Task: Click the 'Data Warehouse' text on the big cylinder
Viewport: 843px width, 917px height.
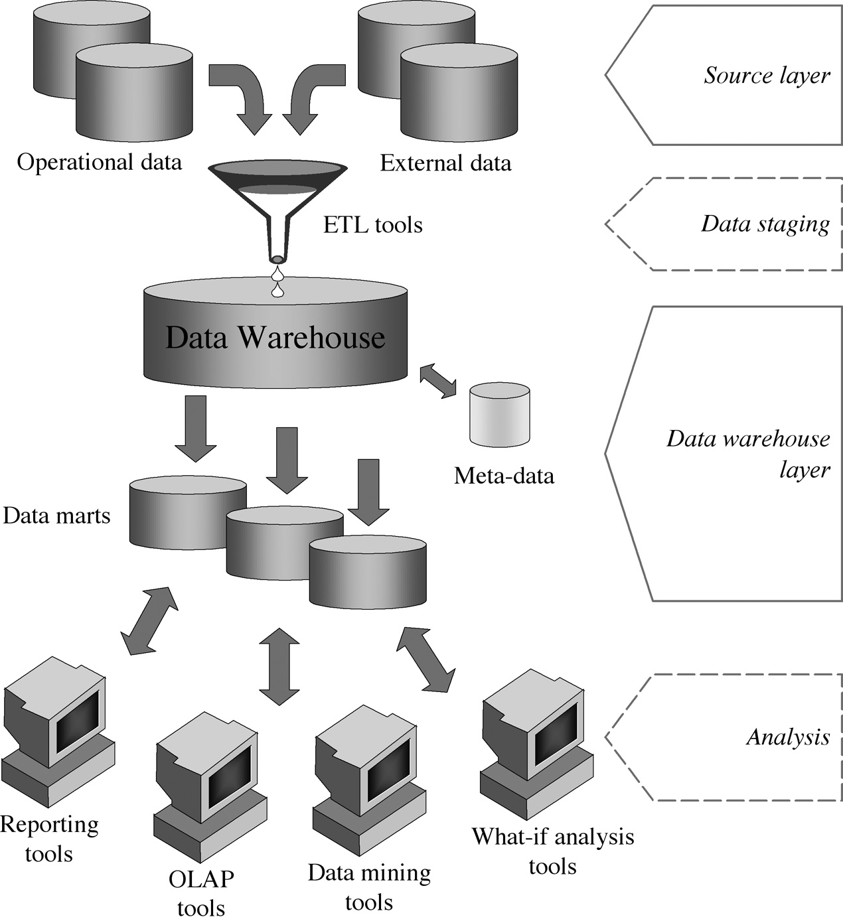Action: click(x=275, y=337)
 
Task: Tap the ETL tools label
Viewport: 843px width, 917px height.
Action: click(x=372, y=225)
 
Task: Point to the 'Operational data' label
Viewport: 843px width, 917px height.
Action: click(x=99, y=163)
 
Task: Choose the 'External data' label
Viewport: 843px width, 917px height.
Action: click(x=445, y=163)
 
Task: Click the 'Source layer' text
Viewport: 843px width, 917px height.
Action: click(x=767, y=76)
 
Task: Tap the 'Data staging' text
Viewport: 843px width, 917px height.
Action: click(x=765, y=224)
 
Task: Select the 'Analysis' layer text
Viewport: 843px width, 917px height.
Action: click(x=788, y=737)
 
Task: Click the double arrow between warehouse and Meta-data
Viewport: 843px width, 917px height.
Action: click(x=437, y=380)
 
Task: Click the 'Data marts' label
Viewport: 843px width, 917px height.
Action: click(x=56, y=516)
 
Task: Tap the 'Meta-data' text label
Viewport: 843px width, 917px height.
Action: click(x=504, y=476)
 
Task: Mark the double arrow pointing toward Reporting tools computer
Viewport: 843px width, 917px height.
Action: click(x=149, y=621)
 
